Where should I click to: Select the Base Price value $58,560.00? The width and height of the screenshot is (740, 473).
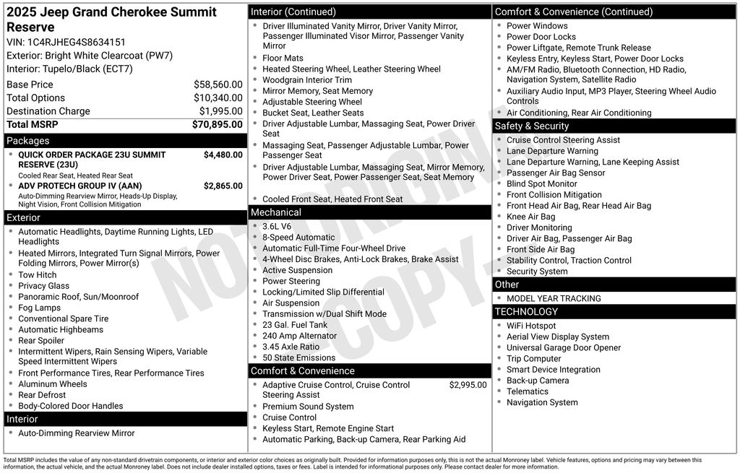(x=218, y=84)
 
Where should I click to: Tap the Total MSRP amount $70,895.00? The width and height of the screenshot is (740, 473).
(x=217, y=124)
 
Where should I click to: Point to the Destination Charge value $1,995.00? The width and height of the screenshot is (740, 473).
(x=220, y=111)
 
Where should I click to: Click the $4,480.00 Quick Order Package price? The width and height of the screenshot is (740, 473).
(x=223, y=155)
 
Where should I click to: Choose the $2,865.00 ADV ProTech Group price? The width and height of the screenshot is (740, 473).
(x=223, y=186)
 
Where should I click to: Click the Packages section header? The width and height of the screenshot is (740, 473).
(x=28, y=141)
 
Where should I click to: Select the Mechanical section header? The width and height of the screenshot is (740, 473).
(x=275, y=212)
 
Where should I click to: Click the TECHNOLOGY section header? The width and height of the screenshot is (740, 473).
(x=526, y=312)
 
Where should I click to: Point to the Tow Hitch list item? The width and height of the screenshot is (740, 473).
(x=38, y=275)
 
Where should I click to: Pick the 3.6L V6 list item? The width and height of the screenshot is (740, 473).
(x=277, y=226)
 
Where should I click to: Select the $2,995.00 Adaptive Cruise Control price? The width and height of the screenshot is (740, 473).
(x=468, y=385)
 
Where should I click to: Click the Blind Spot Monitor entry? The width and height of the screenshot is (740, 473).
(x=542, y=183)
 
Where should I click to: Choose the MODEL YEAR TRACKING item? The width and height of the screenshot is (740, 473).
(x=554, y=298)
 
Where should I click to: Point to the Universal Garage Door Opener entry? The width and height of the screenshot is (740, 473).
(x=564, y=347)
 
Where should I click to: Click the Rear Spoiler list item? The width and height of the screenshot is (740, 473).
(x=41, y=341)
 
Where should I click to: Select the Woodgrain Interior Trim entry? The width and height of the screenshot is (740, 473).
(x=307, y=80)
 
